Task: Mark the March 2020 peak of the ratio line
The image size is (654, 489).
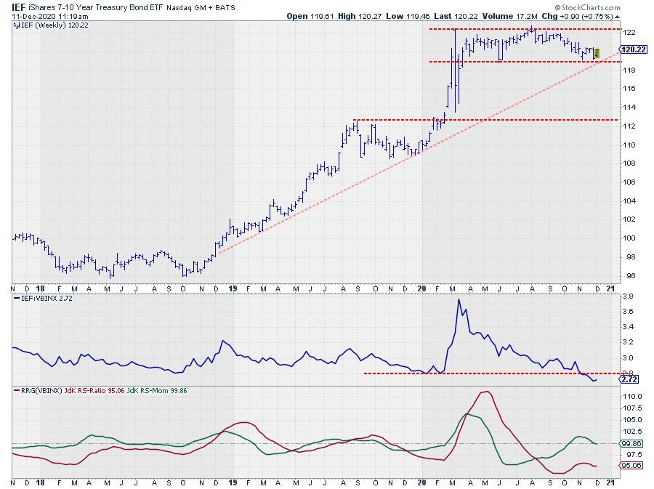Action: point(459,299)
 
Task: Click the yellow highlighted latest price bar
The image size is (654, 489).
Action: point(597,53)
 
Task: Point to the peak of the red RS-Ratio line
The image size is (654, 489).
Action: point(482,392)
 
